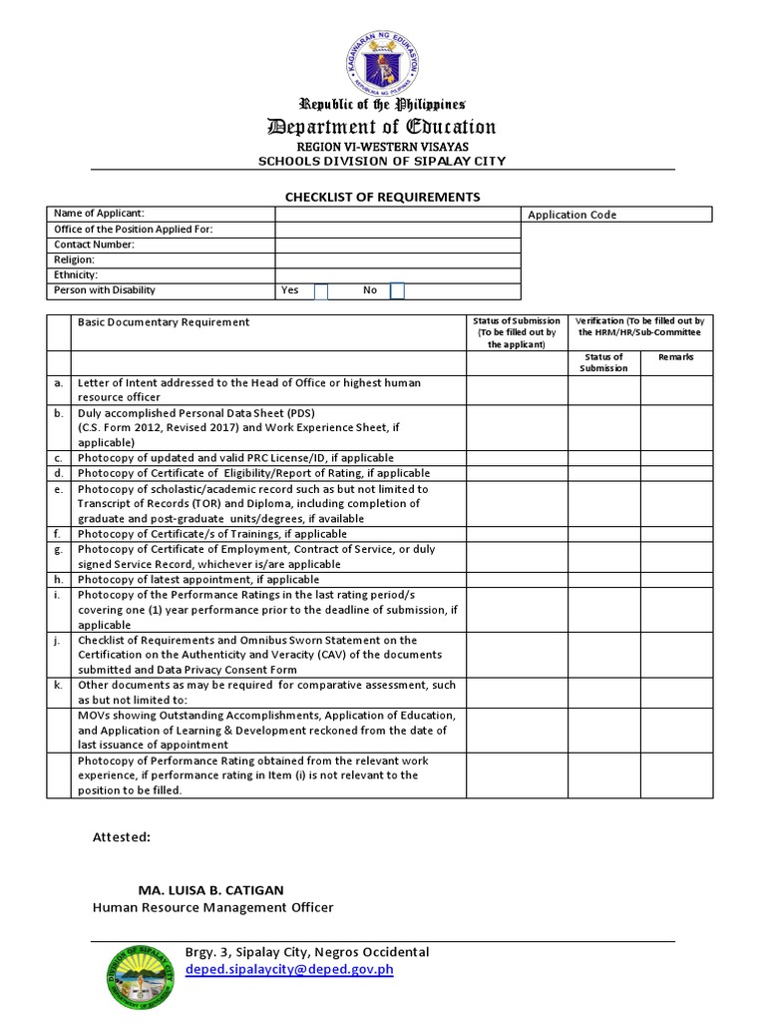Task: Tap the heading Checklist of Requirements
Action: point(383,197)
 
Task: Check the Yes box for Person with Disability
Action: point(321,290)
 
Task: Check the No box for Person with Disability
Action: point(397,290)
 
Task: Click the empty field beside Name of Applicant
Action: point(397,214)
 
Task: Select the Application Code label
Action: point(573,215)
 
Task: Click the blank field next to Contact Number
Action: point(397,245)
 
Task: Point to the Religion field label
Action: point(74,259)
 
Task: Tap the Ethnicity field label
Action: point(76,274)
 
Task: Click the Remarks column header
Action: point(675,356)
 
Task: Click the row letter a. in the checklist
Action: point(59,383)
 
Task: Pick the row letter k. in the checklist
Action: point(59,686)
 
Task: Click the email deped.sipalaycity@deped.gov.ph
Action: point(289,970)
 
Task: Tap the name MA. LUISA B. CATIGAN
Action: point(216,890)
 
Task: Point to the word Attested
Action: point(122,837)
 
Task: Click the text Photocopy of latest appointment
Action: point(198,580)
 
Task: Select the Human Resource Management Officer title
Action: point(213,907)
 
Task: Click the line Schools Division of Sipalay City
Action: point(382,161)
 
